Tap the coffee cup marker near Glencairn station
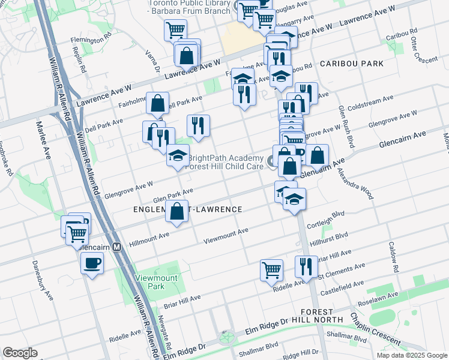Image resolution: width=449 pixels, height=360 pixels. coord(92,263)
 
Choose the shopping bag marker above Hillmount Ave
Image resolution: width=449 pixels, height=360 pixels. coord(177,212)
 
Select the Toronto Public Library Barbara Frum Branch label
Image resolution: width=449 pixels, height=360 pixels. coord(190,7)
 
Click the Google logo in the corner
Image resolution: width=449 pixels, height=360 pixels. coord(20,353)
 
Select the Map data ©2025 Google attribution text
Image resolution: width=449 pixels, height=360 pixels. coord(412,355)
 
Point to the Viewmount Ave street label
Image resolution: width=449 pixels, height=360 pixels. coord(226,235)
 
